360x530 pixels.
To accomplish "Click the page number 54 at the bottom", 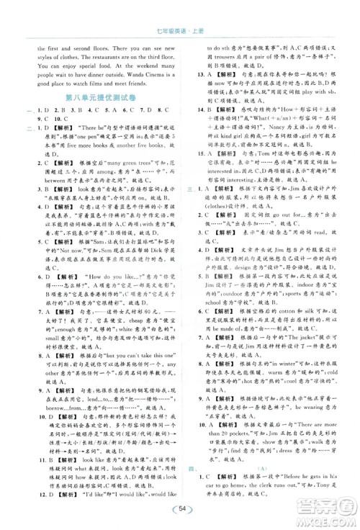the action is coord(180,508).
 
